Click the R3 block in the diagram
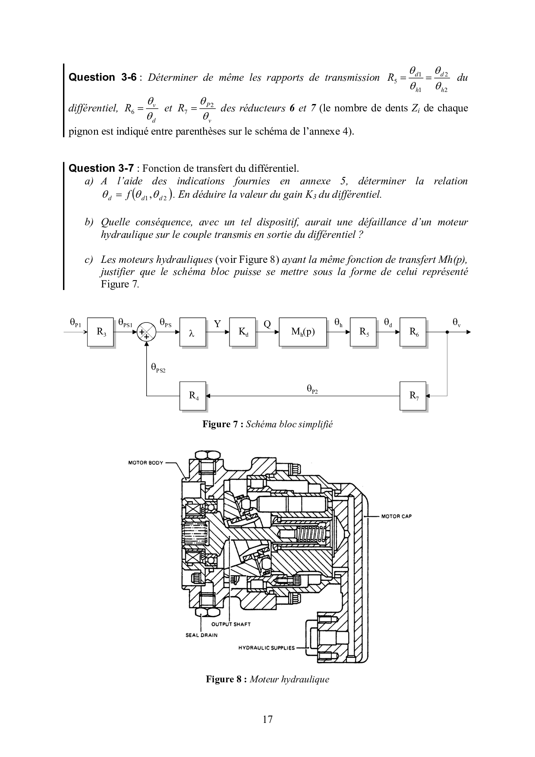click(x=101, y=332)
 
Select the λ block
click(x=193, y=332)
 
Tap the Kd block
click(x=243, y=332)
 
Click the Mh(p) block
click(x=303, y=332)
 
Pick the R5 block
click(x=364, y=332)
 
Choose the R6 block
click(x=413, y=332)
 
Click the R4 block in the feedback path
click(x=193, y=396)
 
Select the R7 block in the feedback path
click(x=413, y=396)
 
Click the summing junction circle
click(x=147, y=332)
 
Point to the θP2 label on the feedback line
click(x=312, y=389)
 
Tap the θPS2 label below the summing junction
click(x=158, y=368)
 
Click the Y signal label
click(x=217, y=324)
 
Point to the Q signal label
click(x=267, y=324)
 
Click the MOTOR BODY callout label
click(x=146, y=463)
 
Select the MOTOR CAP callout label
click(x=397, y=516)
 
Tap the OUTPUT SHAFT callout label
click(x=231, y=624)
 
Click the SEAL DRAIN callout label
click(x=201, y=635)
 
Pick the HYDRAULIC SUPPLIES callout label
click(x=267, y=647)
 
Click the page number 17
click(x=267, y=719)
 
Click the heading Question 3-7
click(x=101, y=168)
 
